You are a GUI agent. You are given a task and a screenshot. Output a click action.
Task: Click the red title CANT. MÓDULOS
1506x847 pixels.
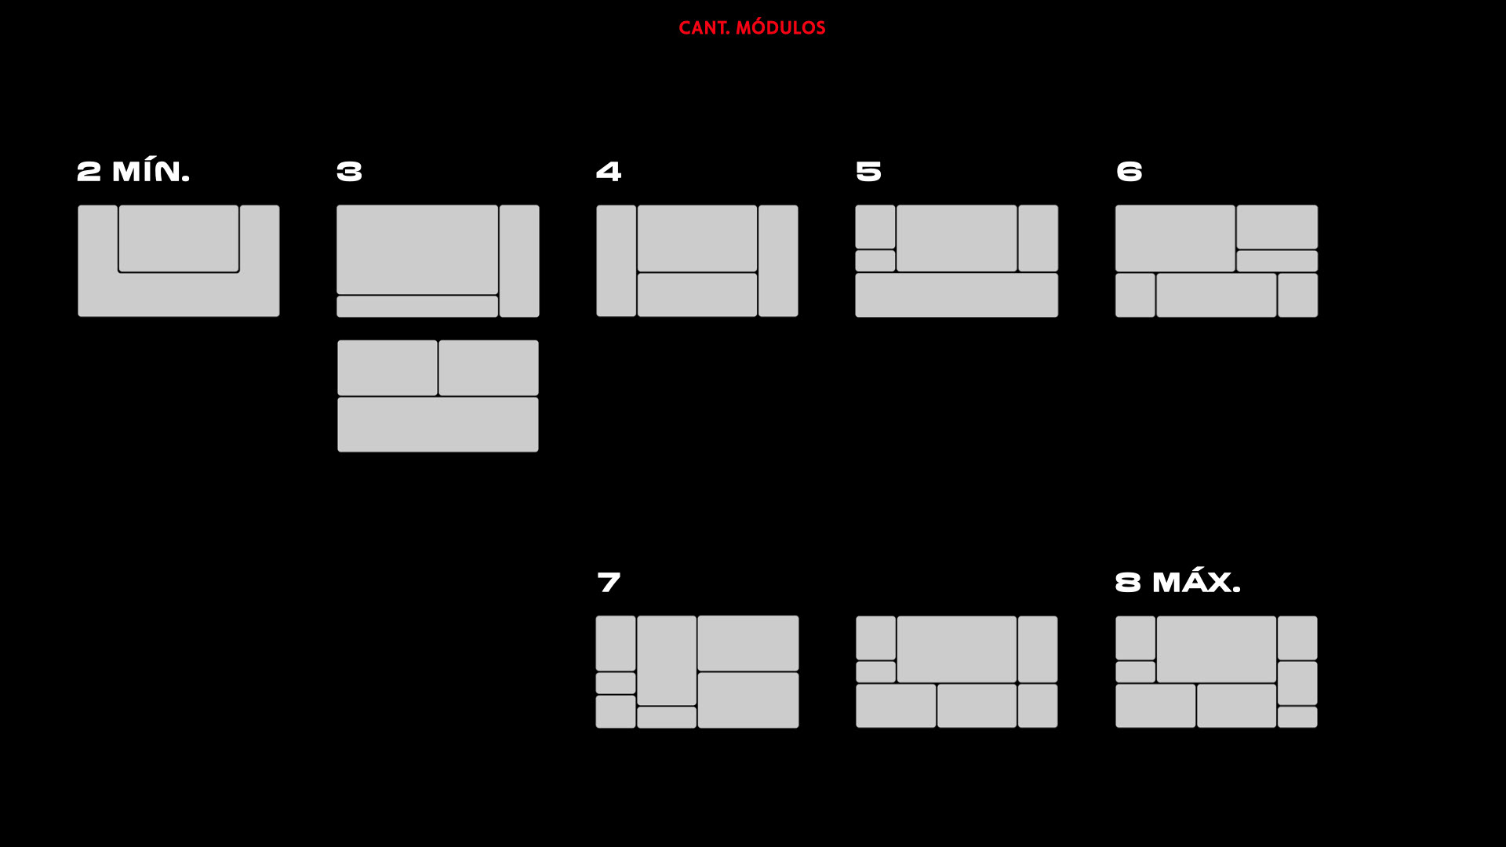coord(751,28)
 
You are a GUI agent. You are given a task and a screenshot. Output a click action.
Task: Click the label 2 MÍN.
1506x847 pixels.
coord(133,172)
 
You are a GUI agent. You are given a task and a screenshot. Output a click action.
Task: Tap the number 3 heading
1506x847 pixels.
coord(349,172)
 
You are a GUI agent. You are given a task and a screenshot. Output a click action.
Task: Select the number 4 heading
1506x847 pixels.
coord(609,172)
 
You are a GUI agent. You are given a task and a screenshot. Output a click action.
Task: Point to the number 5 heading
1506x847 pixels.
coord(868,172)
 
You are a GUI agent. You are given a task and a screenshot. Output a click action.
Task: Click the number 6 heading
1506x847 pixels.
coord(1129,172)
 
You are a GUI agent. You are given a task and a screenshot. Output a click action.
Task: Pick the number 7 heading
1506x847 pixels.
coord(609,583)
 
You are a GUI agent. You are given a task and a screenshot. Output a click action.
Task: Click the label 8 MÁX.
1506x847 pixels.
coord(1177,583)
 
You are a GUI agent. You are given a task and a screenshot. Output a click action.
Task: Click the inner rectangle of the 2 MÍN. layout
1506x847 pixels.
coord(179,238)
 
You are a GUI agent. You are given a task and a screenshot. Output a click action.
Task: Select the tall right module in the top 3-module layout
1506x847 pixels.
coord(519,260)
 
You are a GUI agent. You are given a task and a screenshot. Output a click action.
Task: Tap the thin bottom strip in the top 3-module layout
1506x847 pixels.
coord(417,307)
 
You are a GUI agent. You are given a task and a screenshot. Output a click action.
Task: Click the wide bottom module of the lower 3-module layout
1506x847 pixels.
coord(438,424)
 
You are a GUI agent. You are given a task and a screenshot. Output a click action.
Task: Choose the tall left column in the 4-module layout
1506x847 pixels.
coord(617,260)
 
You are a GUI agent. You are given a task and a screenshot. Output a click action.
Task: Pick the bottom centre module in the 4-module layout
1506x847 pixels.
coord(697,295)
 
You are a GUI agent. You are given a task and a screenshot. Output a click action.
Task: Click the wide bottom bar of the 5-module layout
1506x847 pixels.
coord(956,295)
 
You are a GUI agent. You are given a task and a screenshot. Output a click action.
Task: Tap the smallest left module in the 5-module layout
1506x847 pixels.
coord(875,260)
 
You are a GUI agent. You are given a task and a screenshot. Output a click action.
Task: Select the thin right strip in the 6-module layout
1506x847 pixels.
coord(1277,261)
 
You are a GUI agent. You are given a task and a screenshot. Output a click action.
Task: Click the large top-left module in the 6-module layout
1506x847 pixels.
coord(1175,238)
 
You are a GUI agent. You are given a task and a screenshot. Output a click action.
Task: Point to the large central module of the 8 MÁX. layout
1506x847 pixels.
coord(1217,649)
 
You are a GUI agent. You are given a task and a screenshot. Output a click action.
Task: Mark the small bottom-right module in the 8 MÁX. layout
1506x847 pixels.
coord(1297,717)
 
